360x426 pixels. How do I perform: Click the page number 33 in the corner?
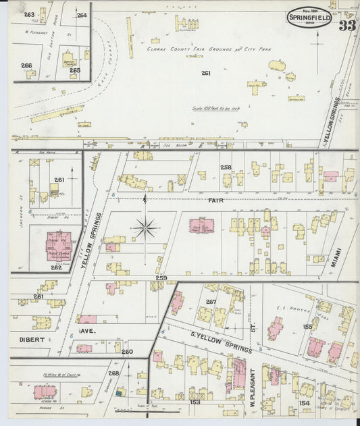(347, 26)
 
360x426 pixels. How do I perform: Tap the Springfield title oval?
(309, 16)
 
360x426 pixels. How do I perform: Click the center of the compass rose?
(145, 228)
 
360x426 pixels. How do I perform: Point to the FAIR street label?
(215, 201)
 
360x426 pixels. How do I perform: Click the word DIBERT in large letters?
(31, 331)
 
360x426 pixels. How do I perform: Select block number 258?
(226, 167)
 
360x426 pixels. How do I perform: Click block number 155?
(307, 326)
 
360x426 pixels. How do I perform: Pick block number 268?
(114, 373)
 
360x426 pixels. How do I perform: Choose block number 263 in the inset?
(29, 14)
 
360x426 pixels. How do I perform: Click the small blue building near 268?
(120, 392)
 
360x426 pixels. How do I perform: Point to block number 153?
(196, 402)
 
